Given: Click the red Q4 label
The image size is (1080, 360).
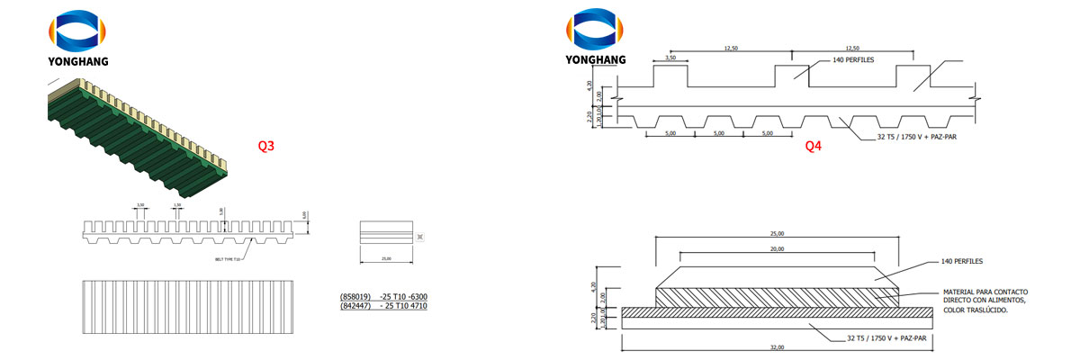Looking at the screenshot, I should [x=814, y=145].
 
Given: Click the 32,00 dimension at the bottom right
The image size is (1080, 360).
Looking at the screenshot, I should [x=777, y=346].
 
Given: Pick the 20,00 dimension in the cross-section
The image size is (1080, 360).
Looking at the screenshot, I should [x=777, y=248].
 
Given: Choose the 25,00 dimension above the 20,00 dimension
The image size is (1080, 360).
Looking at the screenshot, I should [x=777, y=233].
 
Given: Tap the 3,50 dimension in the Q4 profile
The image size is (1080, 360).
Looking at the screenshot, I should [x=670, y=58].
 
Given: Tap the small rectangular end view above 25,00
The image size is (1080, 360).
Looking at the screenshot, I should [x=385, y=232].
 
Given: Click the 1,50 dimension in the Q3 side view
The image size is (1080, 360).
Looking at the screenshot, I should [x=177, y=205].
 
